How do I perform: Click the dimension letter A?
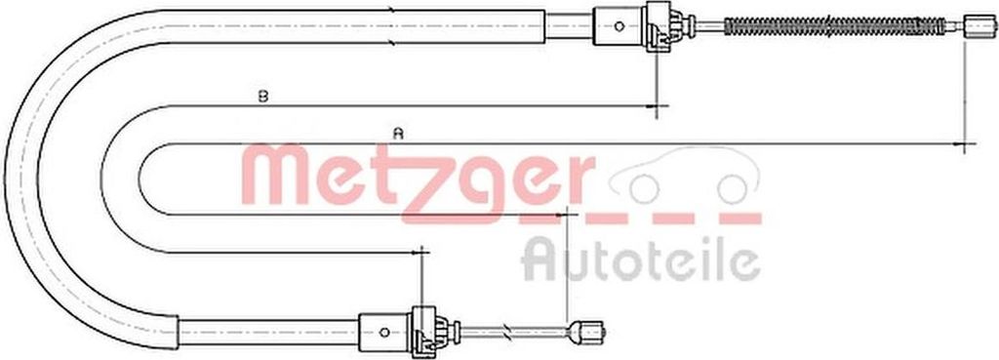click(x=398, y=134)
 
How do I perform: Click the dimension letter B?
click(x=262, y=97)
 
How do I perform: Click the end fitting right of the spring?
click(x=980, y=26)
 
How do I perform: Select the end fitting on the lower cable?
click(x=587, y=332)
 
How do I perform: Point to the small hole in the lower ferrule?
click(x=383, y=332)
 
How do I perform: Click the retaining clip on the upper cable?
click(x=663, y=26)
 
